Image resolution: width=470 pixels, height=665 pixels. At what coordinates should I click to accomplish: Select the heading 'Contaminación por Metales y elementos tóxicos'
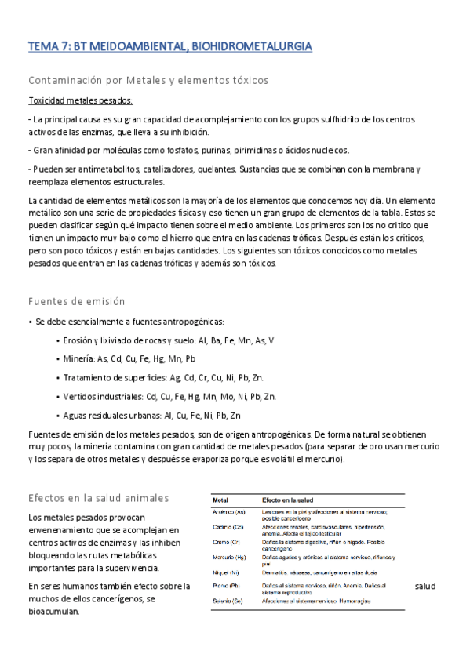click(148, 80)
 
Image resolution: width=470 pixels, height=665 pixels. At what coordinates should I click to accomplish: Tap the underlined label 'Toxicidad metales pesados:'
click(81, 100)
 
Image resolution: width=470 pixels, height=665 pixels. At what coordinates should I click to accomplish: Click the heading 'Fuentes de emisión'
click(76, 301)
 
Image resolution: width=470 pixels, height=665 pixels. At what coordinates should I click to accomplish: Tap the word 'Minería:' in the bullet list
click(78, 359)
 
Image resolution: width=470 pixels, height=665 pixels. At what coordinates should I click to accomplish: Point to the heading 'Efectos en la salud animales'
click(98, 498)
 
